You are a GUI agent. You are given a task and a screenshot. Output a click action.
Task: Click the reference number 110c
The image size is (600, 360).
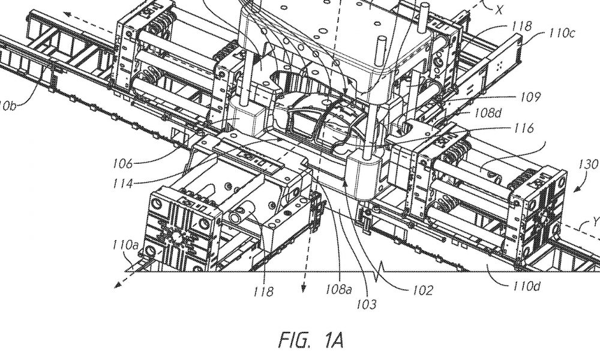(x=562, y=33)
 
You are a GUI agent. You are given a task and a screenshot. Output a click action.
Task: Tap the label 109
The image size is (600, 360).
(x=530, y=97)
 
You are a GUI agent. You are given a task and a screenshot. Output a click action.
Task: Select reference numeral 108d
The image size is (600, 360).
(x=487, y=112)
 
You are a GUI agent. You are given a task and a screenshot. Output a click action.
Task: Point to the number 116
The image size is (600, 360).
(x=523, y=128)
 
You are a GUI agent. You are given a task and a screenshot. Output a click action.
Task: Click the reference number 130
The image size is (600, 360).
(x=589, y=164)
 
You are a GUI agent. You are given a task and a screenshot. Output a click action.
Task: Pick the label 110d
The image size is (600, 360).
(x=527, y=286)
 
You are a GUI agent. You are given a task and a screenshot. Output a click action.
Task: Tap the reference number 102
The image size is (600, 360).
(x=423, y=290)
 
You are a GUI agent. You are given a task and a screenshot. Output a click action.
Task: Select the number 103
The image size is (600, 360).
(x=366, y=305)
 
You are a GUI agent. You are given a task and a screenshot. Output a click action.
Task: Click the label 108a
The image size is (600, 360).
(x=338, y=289)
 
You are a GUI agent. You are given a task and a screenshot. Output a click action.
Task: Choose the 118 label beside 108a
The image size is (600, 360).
(x=263, y=292)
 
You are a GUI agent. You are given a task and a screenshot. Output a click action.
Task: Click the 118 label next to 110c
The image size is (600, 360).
(x=522, y=26)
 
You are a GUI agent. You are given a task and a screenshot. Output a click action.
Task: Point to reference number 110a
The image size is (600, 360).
(x=125, y=245)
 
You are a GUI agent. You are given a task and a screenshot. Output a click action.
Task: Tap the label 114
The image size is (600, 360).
(x=122, y=184)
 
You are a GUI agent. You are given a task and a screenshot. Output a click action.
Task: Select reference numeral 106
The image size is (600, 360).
(x=122, y=164)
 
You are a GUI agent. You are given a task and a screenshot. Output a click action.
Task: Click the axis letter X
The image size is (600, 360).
(x=499, y=10)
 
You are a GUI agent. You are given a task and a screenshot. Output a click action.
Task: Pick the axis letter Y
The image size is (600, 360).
(x=596, y=221)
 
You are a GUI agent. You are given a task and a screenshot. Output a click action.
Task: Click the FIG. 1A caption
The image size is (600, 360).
(x=311, y=340)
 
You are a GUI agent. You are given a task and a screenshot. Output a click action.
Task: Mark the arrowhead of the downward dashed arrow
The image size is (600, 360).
(x=303, y=288)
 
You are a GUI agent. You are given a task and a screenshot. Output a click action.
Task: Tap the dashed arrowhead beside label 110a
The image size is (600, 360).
(x=118, y=284)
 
